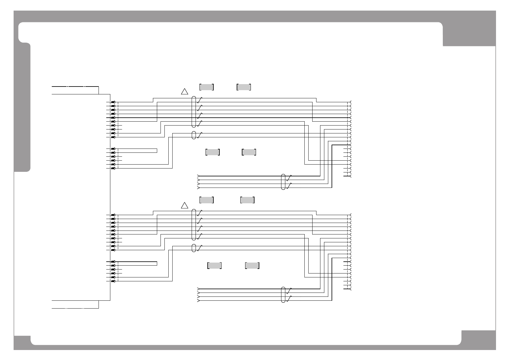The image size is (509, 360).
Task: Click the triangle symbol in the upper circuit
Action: (185, 92)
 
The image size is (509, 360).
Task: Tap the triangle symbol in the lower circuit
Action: (185, 206)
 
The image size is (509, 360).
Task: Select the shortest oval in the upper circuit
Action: (194, 135)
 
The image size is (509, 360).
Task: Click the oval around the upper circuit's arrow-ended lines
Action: (283, 182)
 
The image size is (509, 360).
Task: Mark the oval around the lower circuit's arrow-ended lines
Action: (283, 295)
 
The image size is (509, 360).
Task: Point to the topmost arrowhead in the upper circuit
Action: (198, 176)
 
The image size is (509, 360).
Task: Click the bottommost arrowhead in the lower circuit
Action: (198, 301)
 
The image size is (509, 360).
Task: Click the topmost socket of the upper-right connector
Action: (351, 102)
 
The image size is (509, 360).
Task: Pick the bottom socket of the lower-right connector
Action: (351, 289)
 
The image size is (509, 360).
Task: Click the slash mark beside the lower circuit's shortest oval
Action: (199, 248)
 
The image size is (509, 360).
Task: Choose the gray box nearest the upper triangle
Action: (207, 87)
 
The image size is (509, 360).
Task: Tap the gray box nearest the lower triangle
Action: (207, 200)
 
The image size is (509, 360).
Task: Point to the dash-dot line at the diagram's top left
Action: (76, 87)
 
